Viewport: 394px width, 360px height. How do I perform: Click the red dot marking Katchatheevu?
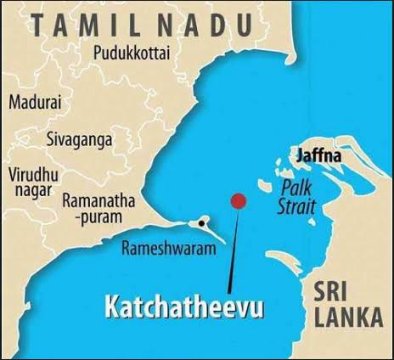(x=239, y=201)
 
